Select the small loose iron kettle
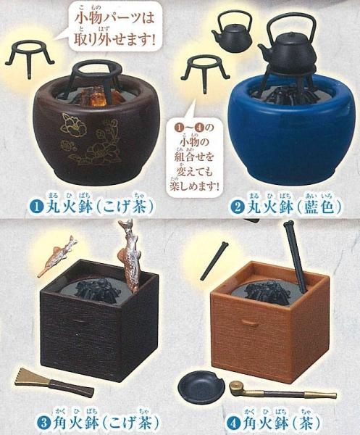(x=233, y=33)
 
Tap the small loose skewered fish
(x=57, y=256)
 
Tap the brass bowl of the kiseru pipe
(x=236, y=386)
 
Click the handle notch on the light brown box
(x=247, y=322)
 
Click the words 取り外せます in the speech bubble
(x=114, y=38)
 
